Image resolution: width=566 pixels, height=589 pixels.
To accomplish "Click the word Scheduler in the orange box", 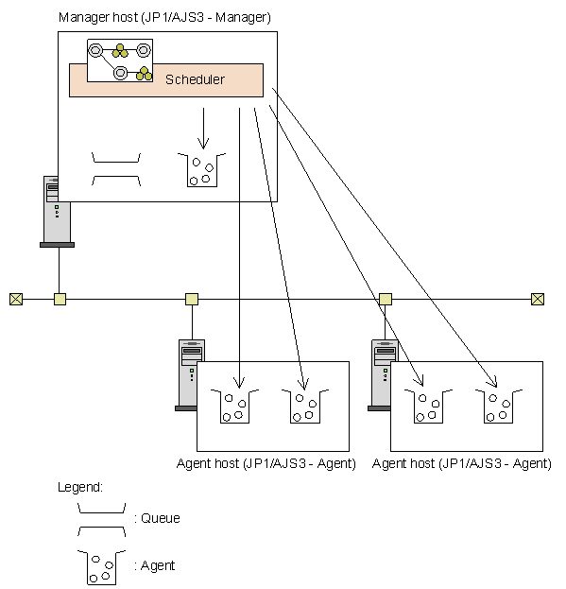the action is (195, 79).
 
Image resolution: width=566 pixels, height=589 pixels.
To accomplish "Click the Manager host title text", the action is (164, 17).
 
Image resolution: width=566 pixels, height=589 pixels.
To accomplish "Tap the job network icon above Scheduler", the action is (120, 61).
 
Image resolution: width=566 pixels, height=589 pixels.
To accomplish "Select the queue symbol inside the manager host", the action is (116, 169).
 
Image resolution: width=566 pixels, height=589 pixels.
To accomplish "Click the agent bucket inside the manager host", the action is (202, 170).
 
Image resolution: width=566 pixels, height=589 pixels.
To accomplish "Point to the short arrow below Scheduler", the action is (203, 129).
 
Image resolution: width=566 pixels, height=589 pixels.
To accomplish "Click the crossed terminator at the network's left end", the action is (16, 300).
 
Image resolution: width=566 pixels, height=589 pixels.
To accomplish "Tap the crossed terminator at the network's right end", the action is (538, 300).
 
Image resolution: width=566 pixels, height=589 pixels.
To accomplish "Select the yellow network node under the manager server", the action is (60, 300).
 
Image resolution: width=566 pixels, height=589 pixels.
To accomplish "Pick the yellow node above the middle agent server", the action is (192, 300).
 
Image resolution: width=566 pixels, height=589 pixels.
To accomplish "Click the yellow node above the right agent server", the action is (386, 300).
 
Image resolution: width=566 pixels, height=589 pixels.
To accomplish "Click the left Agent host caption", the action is (266, 463).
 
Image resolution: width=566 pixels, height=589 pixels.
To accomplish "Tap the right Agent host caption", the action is (462, 463).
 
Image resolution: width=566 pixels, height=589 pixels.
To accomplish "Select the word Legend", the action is (80, 487).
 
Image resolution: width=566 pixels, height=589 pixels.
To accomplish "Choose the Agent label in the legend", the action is (158, 565).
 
